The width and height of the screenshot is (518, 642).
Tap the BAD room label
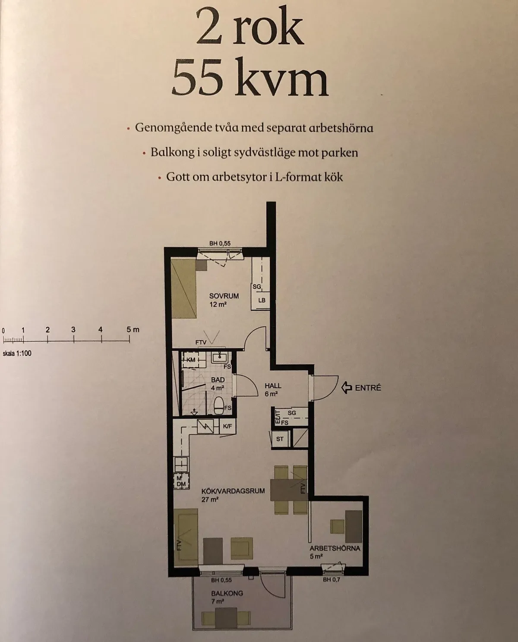218,380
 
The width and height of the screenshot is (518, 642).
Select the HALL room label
273,386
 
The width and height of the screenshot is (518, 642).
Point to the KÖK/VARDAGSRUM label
227,491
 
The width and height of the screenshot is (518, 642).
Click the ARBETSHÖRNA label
335,548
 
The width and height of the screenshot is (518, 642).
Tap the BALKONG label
227,593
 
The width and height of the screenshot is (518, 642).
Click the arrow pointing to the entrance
346,387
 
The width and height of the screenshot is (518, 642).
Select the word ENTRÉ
368,388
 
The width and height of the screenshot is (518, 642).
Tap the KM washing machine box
191,360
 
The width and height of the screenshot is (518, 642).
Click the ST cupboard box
280,439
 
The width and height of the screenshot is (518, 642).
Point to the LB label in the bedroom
262,300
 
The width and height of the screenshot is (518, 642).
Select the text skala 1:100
16,353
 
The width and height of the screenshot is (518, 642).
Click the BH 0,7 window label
331,579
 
